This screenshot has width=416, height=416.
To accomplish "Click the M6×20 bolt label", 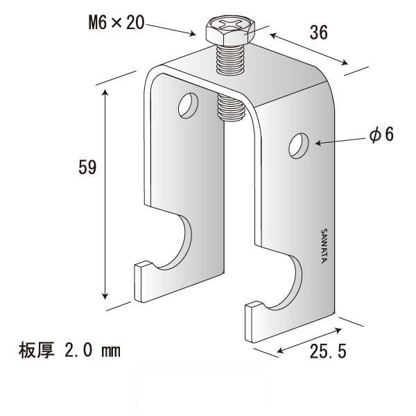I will point(115,23).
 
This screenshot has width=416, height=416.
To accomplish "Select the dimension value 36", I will point(318,32).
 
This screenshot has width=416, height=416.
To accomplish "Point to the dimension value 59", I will point(87,167).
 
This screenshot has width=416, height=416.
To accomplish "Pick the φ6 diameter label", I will point(381,135).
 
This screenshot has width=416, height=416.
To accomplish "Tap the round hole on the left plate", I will point(187,105).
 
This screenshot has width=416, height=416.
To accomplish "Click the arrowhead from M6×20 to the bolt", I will point(194,33).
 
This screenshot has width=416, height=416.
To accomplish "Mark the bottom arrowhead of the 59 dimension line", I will point(106,294).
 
